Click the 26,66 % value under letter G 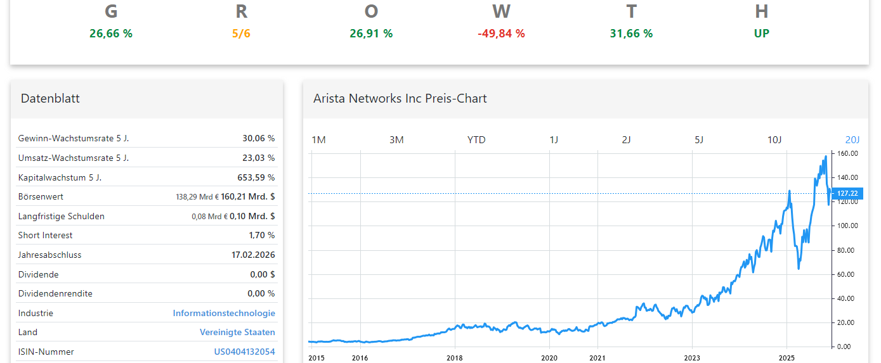tap(111, 34)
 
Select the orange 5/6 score tap(241, 34)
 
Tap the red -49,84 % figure tap(501, 34)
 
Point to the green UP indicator tap(762, 34)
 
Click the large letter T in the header tap(631, 11)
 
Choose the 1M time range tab tap(318, 139)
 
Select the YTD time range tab tap(476, 139)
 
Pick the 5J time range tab tap(699, 139)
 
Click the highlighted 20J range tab tap(852, 139)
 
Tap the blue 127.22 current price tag tap(847, 193)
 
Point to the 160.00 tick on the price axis tap(847, 153)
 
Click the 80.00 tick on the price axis tap(847, 250)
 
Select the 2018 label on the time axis tap(455, 358)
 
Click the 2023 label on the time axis tap(692, 358)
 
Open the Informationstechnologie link tap(224, 313)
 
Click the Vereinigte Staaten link tap(237, 332)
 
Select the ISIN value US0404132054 tap(244, 352)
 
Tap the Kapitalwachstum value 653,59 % tap(256, 177)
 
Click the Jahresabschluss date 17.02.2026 tap(253, 255)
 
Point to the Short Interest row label tap(45, 235)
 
